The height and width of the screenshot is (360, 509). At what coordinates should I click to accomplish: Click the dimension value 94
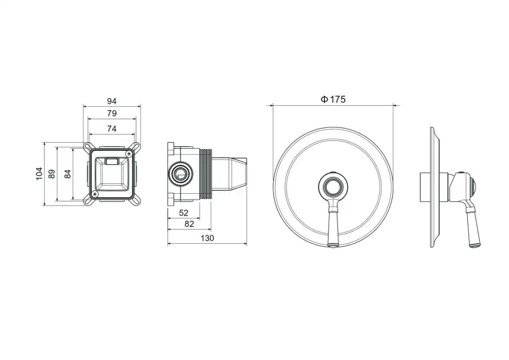112,100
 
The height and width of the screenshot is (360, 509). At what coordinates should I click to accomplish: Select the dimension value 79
112,113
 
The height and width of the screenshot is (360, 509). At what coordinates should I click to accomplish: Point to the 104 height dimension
39,173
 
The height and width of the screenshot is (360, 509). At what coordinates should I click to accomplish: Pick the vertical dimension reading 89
52,173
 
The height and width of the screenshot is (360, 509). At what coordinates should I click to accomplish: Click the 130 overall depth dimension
207,238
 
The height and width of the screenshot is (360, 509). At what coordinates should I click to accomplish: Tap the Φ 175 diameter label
333,99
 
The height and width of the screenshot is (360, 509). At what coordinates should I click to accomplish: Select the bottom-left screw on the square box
94,194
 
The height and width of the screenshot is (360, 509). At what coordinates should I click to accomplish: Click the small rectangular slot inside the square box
111,160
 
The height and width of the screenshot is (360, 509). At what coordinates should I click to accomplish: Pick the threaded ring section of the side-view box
206,173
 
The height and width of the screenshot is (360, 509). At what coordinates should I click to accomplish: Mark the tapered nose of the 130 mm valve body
241,173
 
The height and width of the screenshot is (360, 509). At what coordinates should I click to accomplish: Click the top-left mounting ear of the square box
88,145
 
